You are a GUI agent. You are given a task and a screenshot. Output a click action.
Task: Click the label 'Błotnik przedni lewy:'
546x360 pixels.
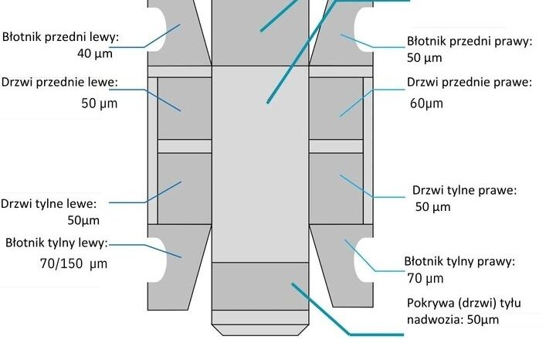[60, 37]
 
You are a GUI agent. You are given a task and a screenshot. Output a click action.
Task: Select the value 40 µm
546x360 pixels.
[95, 53]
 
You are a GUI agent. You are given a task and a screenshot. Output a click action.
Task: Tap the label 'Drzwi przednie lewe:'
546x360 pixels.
[59, 83]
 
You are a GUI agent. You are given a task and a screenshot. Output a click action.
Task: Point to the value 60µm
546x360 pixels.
[426, 104]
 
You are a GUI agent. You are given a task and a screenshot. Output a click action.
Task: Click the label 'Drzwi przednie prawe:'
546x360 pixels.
[470, 83]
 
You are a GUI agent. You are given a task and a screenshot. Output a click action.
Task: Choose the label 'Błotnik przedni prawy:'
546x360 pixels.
[470, 41]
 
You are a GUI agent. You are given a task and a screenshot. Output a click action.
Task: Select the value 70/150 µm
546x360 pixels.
[74, 263]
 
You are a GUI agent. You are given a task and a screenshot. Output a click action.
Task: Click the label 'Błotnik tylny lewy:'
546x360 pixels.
[56, 243]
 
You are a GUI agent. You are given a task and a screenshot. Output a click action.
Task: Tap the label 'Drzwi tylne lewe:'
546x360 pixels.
[49, 204]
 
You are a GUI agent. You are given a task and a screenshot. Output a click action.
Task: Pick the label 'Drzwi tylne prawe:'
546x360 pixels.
[464, 191]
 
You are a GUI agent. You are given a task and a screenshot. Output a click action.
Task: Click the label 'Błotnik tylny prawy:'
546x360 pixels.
[460, 261]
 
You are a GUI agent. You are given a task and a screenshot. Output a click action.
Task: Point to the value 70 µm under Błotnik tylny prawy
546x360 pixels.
[426, 279]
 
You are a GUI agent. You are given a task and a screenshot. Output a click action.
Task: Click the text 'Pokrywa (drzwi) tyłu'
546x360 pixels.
[464, 303]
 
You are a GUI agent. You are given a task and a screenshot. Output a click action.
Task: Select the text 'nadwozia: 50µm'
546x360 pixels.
[453, 320]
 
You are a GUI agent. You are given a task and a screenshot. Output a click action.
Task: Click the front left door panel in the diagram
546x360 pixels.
[185, 108]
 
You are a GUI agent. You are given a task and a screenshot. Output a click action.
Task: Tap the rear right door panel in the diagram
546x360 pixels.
[336, 188]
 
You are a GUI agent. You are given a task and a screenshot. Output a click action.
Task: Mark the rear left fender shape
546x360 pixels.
[176, 267]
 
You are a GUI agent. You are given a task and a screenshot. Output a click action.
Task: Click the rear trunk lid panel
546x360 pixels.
[260, 286]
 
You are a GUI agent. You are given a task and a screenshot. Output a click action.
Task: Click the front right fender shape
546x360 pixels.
[344, 33]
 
